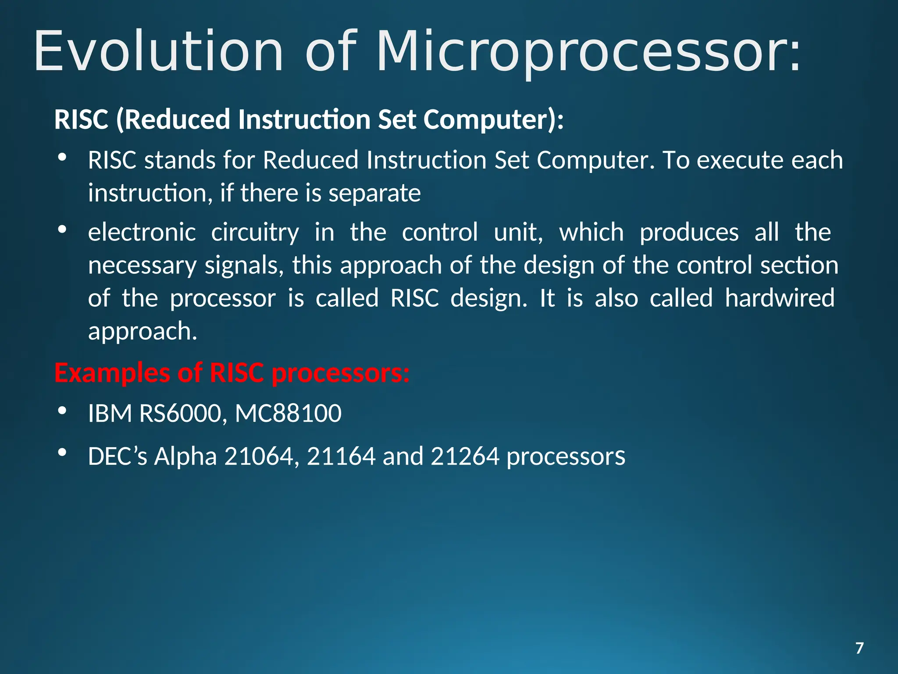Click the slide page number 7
(x=859, y=648)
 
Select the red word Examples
(x=112, y=373)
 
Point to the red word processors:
(x=341, y=373)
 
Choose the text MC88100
(x=288, y=413)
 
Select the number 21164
(x=341, y=456)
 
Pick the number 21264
(x=465, y=456)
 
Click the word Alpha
(x=185, y=456)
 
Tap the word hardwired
(x=779, y=298)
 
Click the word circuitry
(x=255, y=232)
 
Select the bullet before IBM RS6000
(x=62, y=411)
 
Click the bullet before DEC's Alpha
(x=62, y=452)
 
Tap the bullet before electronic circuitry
(x=62, y=229)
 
